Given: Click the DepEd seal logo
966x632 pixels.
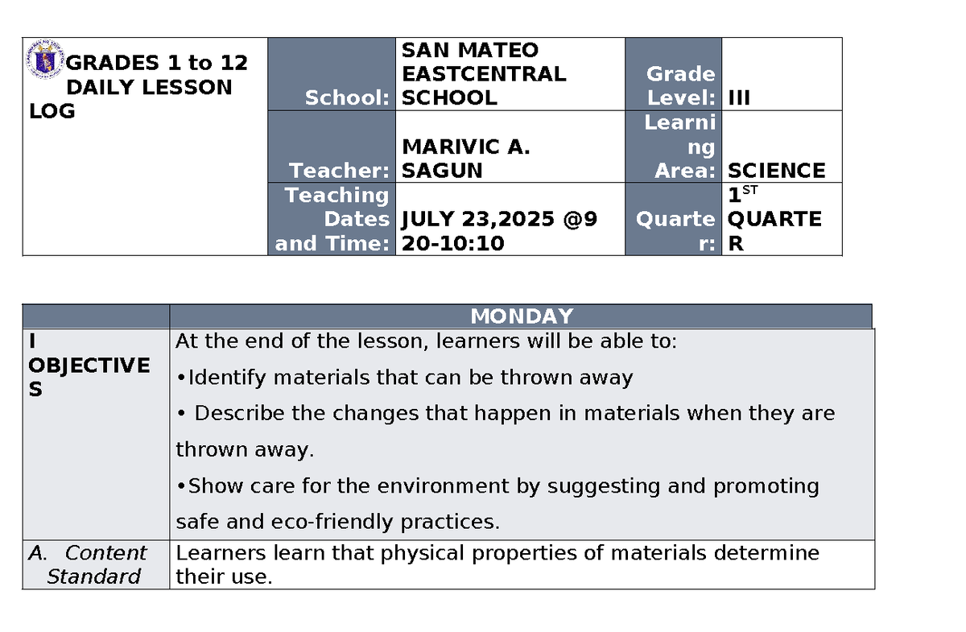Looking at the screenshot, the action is click(45, 60).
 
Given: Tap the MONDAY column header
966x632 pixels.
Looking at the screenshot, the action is click(522, 316).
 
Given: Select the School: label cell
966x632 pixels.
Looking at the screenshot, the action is click(332, 74).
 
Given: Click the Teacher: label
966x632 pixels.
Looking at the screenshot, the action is click(339, 171).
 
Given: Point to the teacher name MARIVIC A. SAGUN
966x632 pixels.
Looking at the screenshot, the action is click(466, 159).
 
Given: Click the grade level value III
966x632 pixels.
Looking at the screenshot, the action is click(739, 98).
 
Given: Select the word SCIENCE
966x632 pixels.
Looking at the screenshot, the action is click(776, 171).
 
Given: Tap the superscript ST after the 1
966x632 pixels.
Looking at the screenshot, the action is click(749, 190).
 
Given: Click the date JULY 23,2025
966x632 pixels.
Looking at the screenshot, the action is click(478, 219).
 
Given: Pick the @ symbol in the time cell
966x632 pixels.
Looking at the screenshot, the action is click(573, 219).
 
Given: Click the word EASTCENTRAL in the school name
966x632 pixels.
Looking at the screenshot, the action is click(484, 74).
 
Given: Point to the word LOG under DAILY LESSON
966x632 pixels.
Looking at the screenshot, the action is click(52, 111).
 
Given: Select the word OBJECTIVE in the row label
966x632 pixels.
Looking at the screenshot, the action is click(89, 366).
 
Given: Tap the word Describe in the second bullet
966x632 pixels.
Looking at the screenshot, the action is click(239, 413).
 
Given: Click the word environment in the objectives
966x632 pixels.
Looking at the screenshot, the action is click(443, 485).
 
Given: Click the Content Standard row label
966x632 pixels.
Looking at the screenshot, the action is click(88, 564).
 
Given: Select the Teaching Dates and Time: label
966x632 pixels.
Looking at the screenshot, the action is click(332, 219).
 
